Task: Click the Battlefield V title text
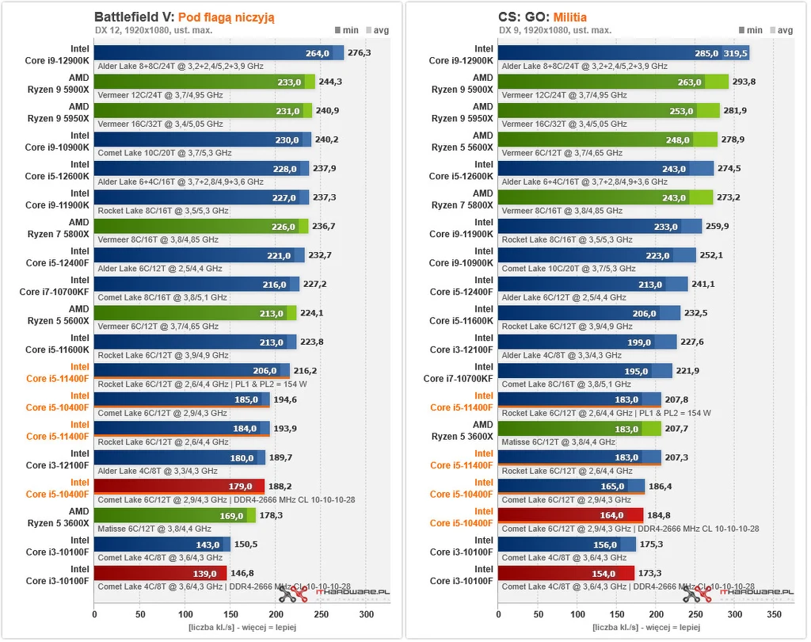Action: (x=131, y=16)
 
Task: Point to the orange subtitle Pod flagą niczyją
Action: (x=227, y=16)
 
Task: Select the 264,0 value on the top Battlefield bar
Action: (x=317, y=53)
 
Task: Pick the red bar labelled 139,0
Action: (x=160, y=573)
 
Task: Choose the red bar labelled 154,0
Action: (x=566, y=573)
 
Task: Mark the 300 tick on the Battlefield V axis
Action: (x=366, y=614)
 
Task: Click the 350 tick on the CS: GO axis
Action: (x=775, y=614)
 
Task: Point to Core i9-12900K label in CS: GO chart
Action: (x=462, y=55)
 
